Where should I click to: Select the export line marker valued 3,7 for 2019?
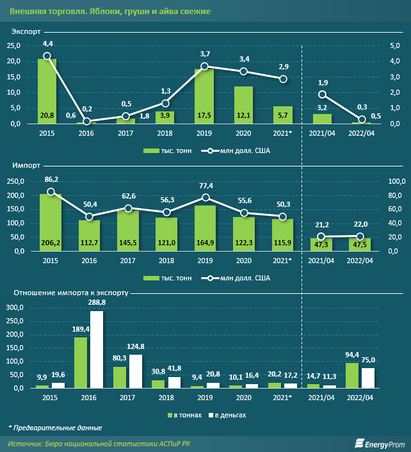[x=204, y=66]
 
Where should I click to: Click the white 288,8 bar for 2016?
[x=97, y=350]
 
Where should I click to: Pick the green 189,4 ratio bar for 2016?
[x=81, y=362]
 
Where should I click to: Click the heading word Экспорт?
[x=26, y=31]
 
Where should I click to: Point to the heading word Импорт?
[x=25, y=165]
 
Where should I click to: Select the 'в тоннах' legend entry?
[x=184, y=415]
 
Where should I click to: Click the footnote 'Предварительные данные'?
[x=58, y=428]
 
